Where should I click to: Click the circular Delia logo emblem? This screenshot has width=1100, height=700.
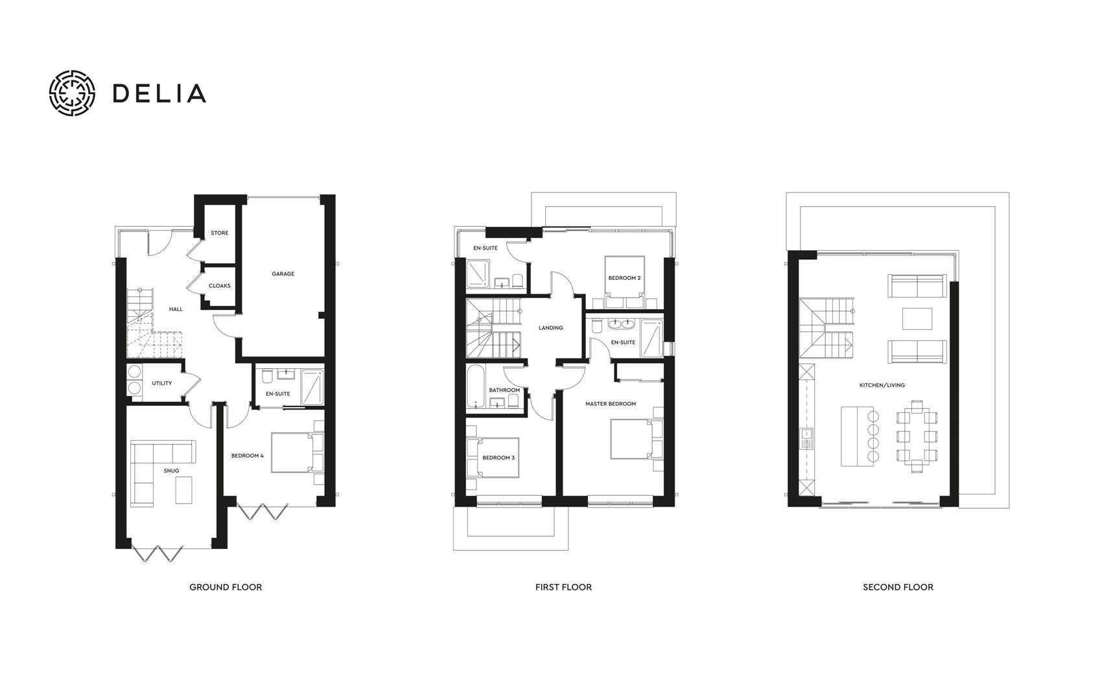[x=73, y=93]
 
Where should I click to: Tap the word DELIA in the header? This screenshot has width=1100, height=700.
[x=159, y=93]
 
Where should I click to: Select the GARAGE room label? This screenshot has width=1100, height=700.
[x=283, y=274]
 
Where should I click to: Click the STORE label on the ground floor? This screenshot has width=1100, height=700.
[x=219, y=233]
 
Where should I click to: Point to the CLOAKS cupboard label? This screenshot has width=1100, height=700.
[x=219, y=286]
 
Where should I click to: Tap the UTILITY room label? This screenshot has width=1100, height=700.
[x=162, y=383]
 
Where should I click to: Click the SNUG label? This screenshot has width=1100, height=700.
[x=171, y=471]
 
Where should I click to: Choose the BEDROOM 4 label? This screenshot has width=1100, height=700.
[x=248, y=456]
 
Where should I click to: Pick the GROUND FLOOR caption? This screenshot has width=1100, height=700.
[x=226, y=587]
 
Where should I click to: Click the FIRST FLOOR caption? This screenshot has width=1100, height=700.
[x=563, y=587]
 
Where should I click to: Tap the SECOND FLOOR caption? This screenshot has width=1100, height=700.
[x=898, y=587]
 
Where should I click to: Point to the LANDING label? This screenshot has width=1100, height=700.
[x=551, y=328]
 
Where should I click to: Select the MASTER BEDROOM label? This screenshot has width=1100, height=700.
[x=611, y=404]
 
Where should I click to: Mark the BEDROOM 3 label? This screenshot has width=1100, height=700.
[x=498, y=458]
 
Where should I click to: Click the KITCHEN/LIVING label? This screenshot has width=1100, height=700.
[x=882, y=385]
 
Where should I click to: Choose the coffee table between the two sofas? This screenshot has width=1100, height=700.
[x=917, y=318]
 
